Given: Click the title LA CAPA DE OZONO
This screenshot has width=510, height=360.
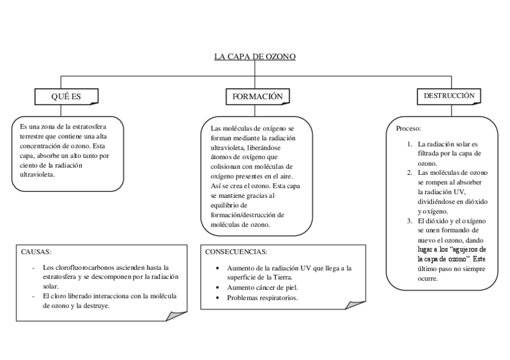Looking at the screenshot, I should [254, 57].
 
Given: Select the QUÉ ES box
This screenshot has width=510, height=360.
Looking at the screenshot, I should [66, 96].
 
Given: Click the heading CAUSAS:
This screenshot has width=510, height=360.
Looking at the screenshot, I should [37, 252].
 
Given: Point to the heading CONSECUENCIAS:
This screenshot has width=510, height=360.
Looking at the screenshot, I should [236, 252].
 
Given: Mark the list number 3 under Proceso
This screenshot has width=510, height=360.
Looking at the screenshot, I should [409, 221].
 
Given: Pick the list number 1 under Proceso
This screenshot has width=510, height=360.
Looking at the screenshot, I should [409, 144].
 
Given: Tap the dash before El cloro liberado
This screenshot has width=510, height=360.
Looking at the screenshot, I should [33, 296].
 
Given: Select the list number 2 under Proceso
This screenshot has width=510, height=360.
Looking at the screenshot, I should [409, 172].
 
